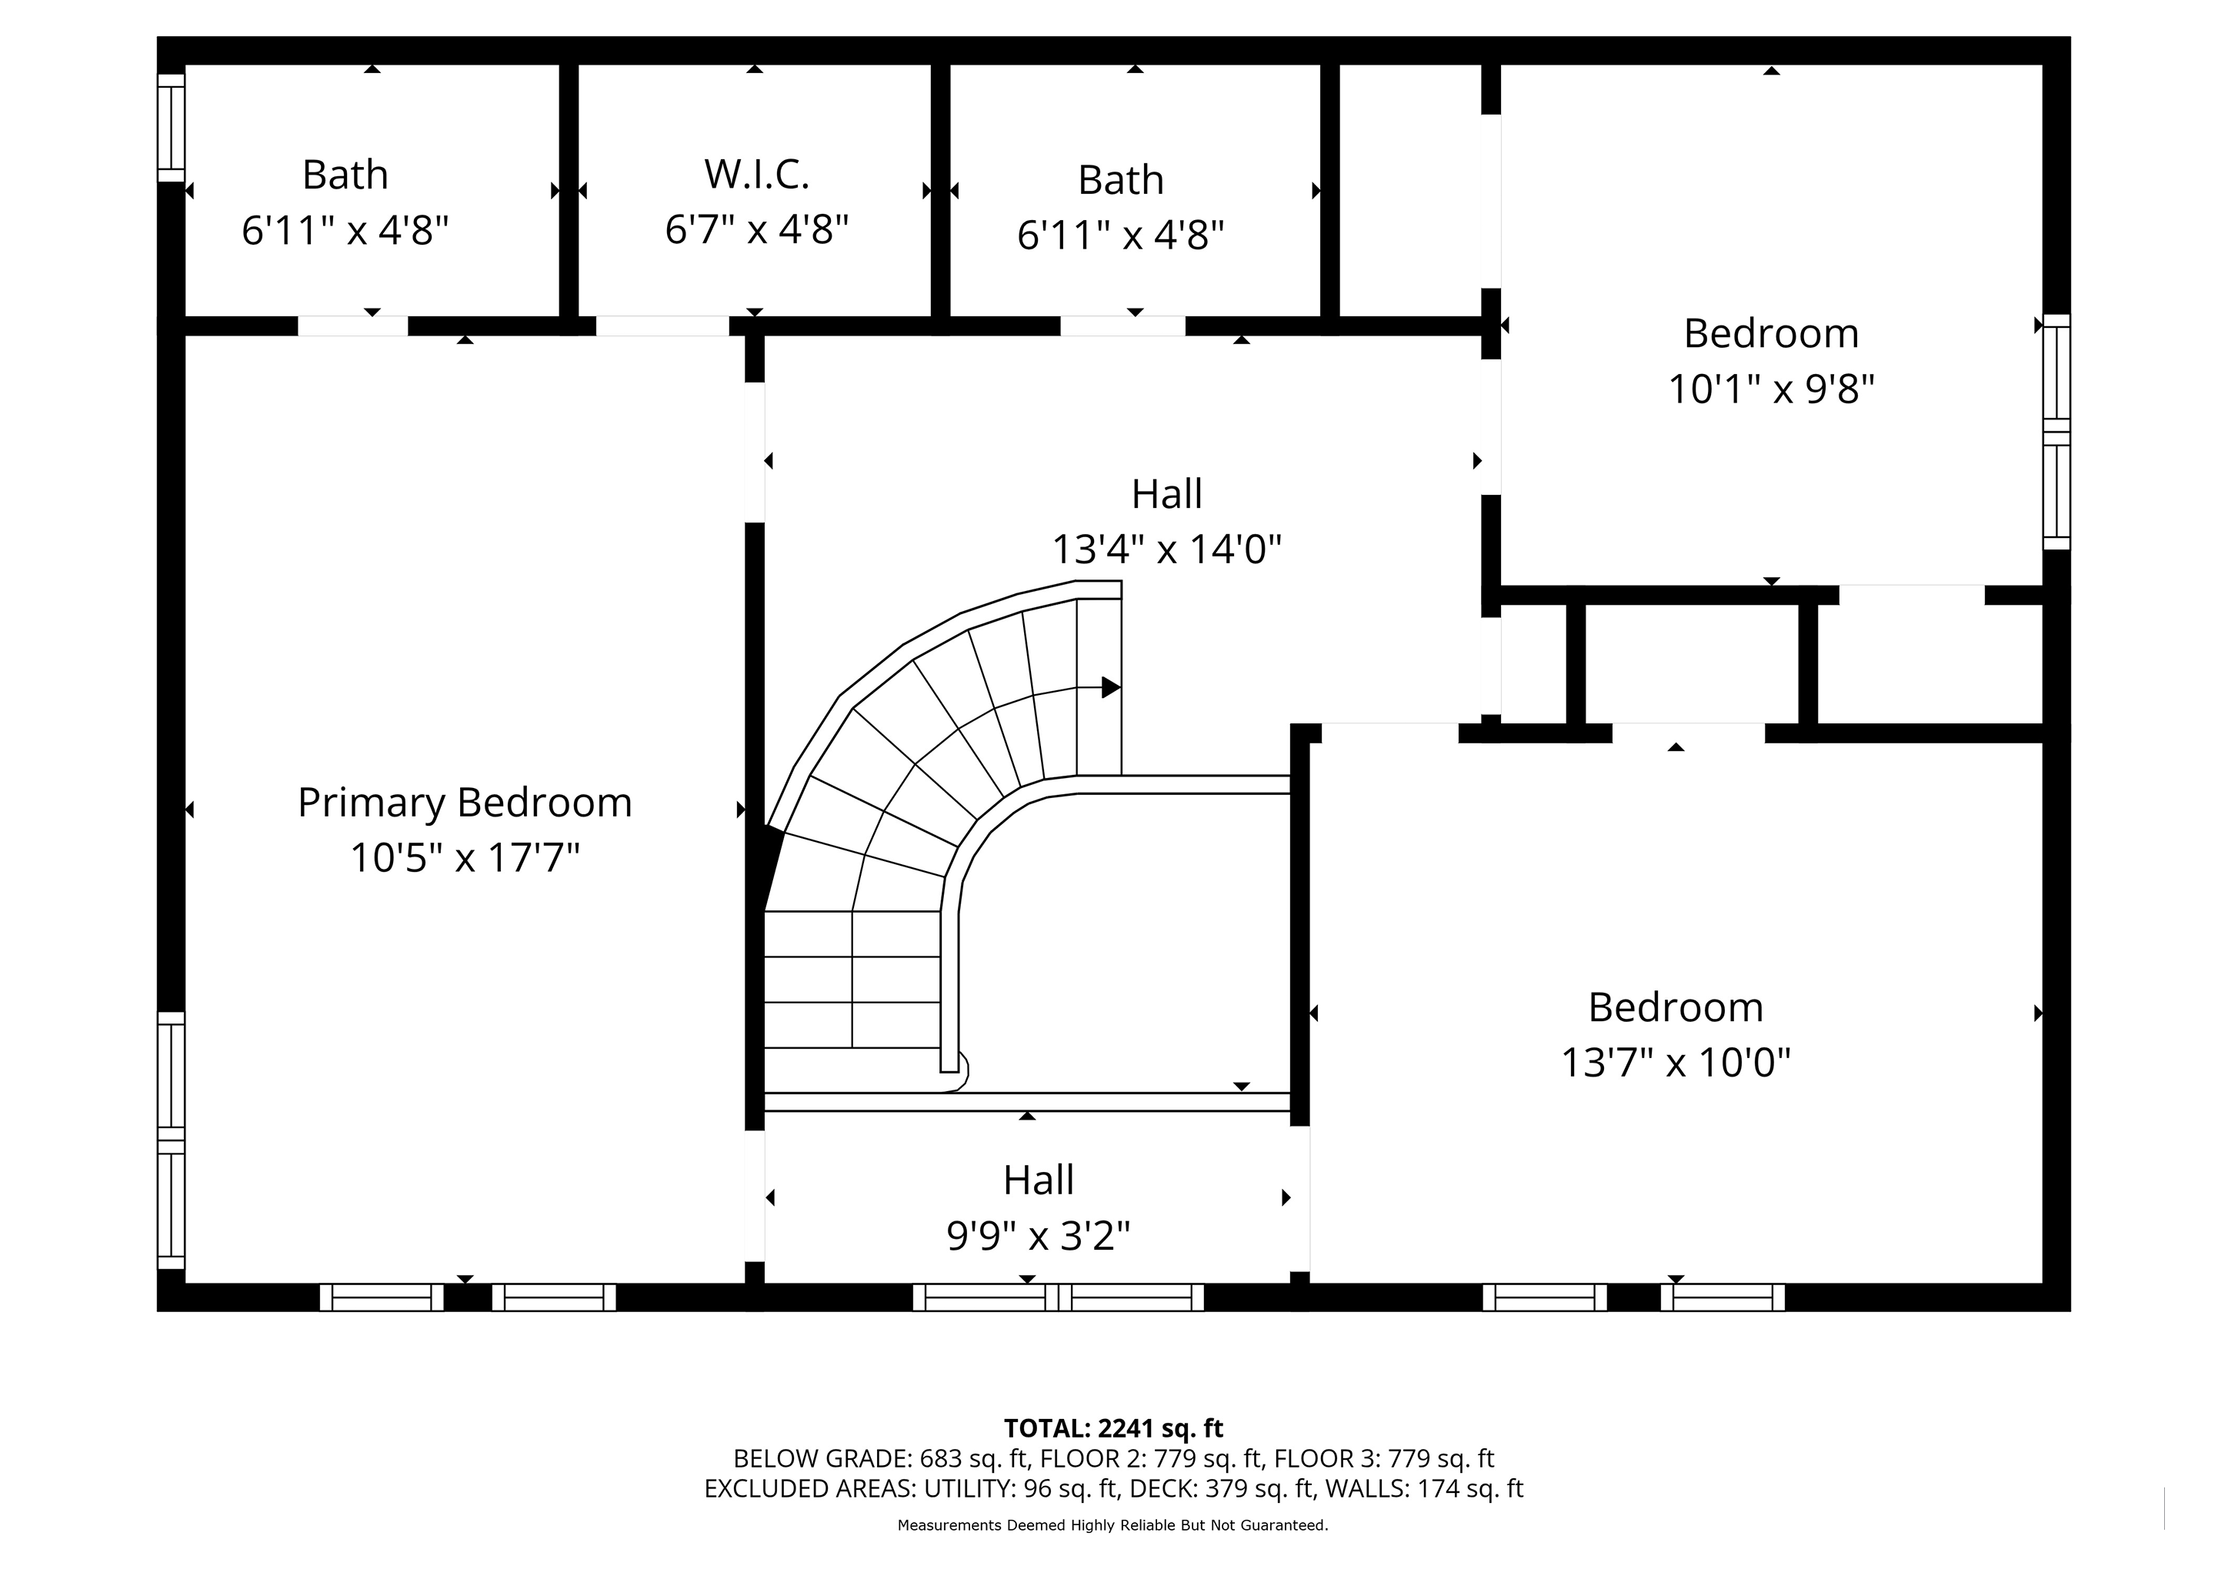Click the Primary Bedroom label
(x=465, y=803)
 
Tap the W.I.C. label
(x=757, y=175)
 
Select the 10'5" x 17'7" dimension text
(x=465, y=858)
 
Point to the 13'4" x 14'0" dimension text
(x=1167, y=549)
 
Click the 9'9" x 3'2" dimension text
(x=1039, y=1237)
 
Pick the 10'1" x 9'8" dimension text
(x=1771, y=389)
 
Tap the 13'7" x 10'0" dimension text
(x=1676, y=1063)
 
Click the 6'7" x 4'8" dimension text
(x=757, y=230)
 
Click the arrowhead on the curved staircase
(x=1111, y=687)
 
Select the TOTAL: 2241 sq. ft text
(x=1113, y=1428)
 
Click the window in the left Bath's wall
(x=171, y=127)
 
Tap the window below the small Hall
(x=1058, y=1297)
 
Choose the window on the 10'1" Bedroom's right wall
(x=2057, y=431)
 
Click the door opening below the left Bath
(x=352, y=326)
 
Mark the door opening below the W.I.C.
(x=662, y=326)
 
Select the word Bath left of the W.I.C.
(x=345, y=175)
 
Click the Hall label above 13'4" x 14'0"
(x=1167, y=494)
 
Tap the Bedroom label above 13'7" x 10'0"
(x=1676, y=1007)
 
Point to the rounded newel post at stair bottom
(x=955, y=1071)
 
